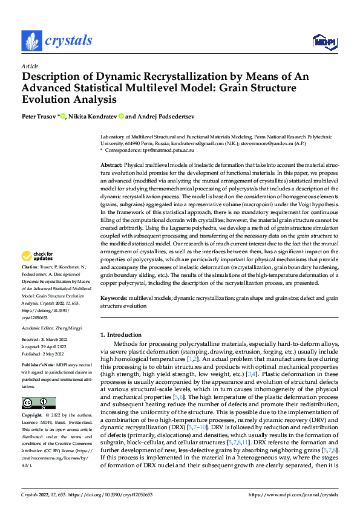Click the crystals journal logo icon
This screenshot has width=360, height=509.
[31, 41]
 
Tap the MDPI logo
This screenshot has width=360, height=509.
[324, 41]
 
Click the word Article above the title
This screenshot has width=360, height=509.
[30, 66]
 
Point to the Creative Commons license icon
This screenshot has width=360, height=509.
[38, 403]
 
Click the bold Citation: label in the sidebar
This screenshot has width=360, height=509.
[31, 283]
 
